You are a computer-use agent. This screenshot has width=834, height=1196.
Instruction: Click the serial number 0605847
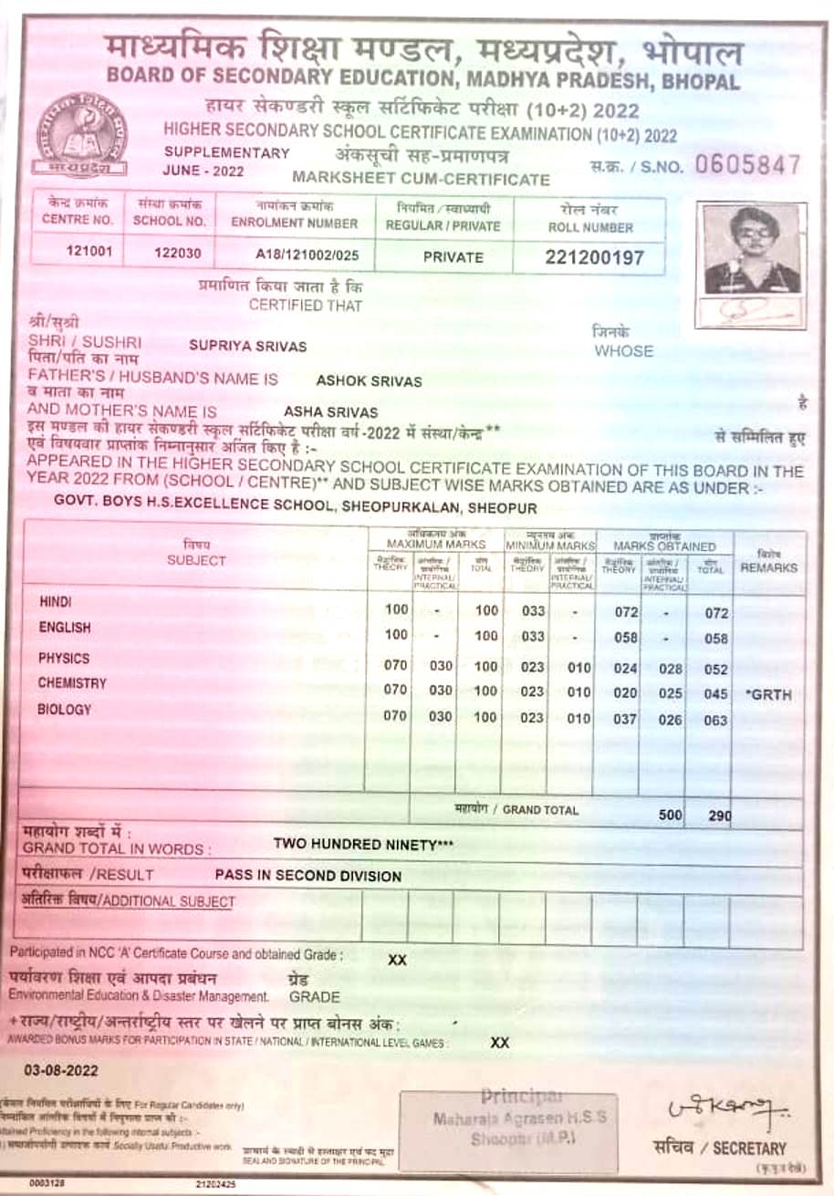coord(746,165)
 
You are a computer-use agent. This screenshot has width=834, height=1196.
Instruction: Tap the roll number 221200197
coord(594,257)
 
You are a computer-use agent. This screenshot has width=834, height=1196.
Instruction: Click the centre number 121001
coord(89,253)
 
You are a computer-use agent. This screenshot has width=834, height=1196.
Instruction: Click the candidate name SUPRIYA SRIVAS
coord(247,347)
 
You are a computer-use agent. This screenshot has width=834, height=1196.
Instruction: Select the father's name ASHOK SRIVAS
coord(369,381)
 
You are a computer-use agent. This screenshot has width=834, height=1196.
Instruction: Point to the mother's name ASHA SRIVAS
coord(331,412)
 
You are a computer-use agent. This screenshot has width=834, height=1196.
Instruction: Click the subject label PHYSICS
coord(64,658)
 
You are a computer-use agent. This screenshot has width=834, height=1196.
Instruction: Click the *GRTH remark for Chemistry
coord(768,695)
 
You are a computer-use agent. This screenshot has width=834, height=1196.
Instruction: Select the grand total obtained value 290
coord(720,816)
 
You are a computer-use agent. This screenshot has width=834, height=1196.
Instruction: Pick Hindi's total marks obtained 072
coord(716,614)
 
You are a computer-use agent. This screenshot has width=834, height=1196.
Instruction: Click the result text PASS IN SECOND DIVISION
coord(308,876)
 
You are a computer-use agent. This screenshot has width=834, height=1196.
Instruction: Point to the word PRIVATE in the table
coord(453,257)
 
